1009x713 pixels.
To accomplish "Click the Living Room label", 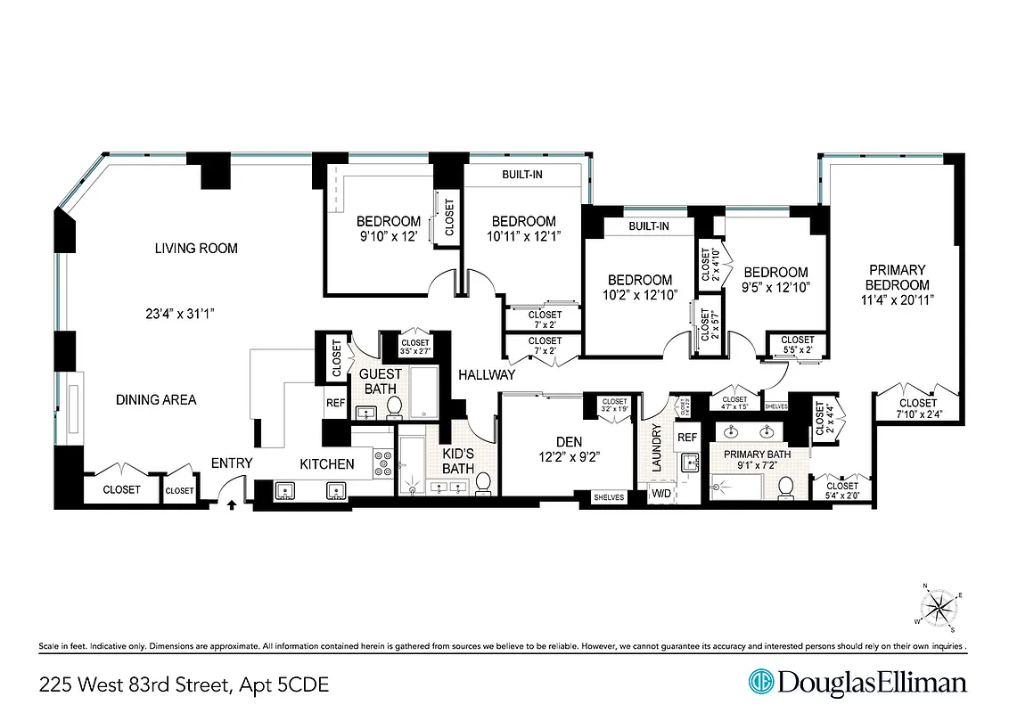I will coord(196,249).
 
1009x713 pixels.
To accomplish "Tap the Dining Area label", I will coord(156,400).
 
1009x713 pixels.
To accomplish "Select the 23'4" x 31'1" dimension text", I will coord(182,314).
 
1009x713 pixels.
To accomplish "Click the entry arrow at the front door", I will coord(233,504).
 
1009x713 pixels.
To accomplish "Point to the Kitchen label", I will coord(326,464).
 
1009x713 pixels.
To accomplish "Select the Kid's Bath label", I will coord(458,461).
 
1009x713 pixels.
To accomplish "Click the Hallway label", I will coord(486,375).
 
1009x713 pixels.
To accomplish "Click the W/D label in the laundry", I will coord(662,493).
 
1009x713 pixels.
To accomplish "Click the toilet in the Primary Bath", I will coord(785,488).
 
